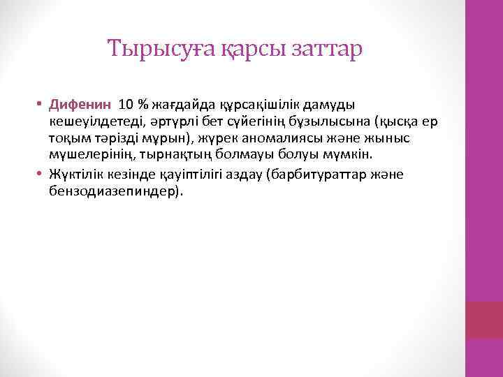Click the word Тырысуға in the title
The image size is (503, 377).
(x=149, y=50)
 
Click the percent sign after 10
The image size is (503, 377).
(x=142, y=105)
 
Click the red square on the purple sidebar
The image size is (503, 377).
(x=484, y=320)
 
